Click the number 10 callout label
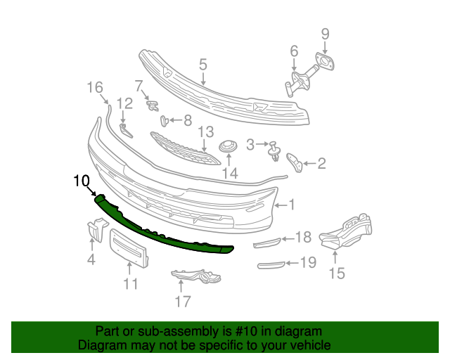82,180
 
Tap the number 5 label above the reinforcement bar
202,65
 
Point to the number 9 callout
325,33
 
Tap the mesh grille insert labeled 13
183,148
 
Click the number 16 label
94,87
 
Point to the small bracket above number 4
94,229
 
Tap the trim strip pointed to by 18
266,243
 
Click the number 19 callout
308,263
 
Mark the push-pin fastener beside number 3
273,150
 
